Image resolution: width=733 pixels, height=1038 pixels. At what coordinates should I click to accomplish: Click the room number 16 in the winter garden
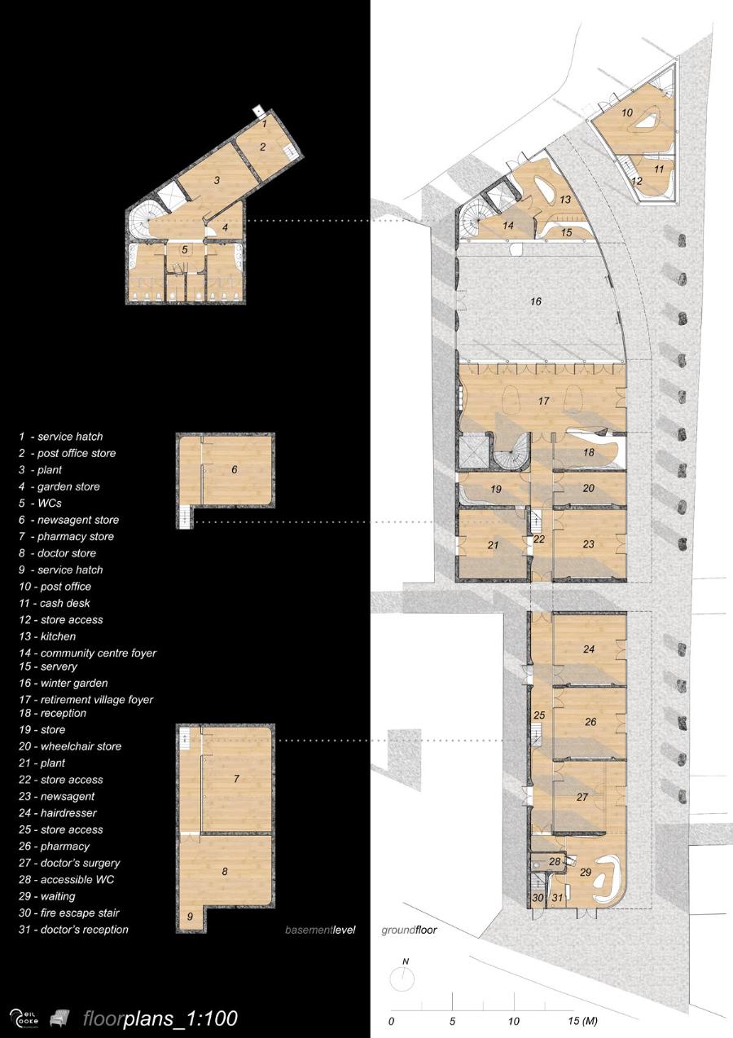(536, 301)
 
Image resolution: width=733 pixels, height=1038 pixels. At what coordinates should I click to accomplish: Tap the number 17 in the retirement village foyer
(543, 400)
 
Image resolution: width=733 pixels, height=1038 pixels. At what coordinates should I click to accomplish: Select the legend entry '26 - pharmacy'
(55, 847)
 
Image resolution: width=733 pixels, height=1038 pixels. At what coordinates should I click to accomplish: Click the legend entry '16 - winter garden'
(64, 683)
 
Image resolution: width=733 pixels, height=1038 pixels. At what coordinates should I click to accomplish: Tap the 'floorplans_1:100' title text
(160, 1018)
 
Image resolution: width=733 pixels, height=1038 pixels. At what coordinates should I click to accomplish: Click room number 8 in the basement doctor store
(225, 872)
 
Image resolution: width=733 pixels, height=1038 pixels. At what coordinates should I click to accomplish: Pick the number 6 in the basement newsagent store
(235, 469)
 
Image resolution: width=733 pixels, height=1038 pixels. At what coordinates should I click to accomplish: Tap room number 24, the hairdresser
(589, 649)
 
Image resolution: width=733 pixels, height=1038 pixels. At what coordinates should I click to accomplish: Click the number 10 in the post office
(627, 112)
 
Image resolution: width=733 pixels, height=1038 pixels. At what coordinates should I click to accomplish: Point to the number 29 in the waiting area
(586, 872)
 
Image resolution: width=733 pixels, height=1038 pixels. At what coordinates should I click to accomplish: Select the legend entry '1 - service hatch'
(61, 437)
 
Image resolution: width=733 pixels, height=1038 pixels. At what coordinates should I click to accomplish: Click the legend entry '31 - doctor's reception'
(73, 930)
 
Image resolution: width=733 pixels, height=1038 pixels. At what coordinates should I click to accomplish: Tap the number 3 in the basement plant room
(217, 180)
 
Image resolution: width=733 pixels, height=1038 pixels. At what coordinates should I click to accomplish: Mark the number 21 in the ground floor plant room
(493, 545)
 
